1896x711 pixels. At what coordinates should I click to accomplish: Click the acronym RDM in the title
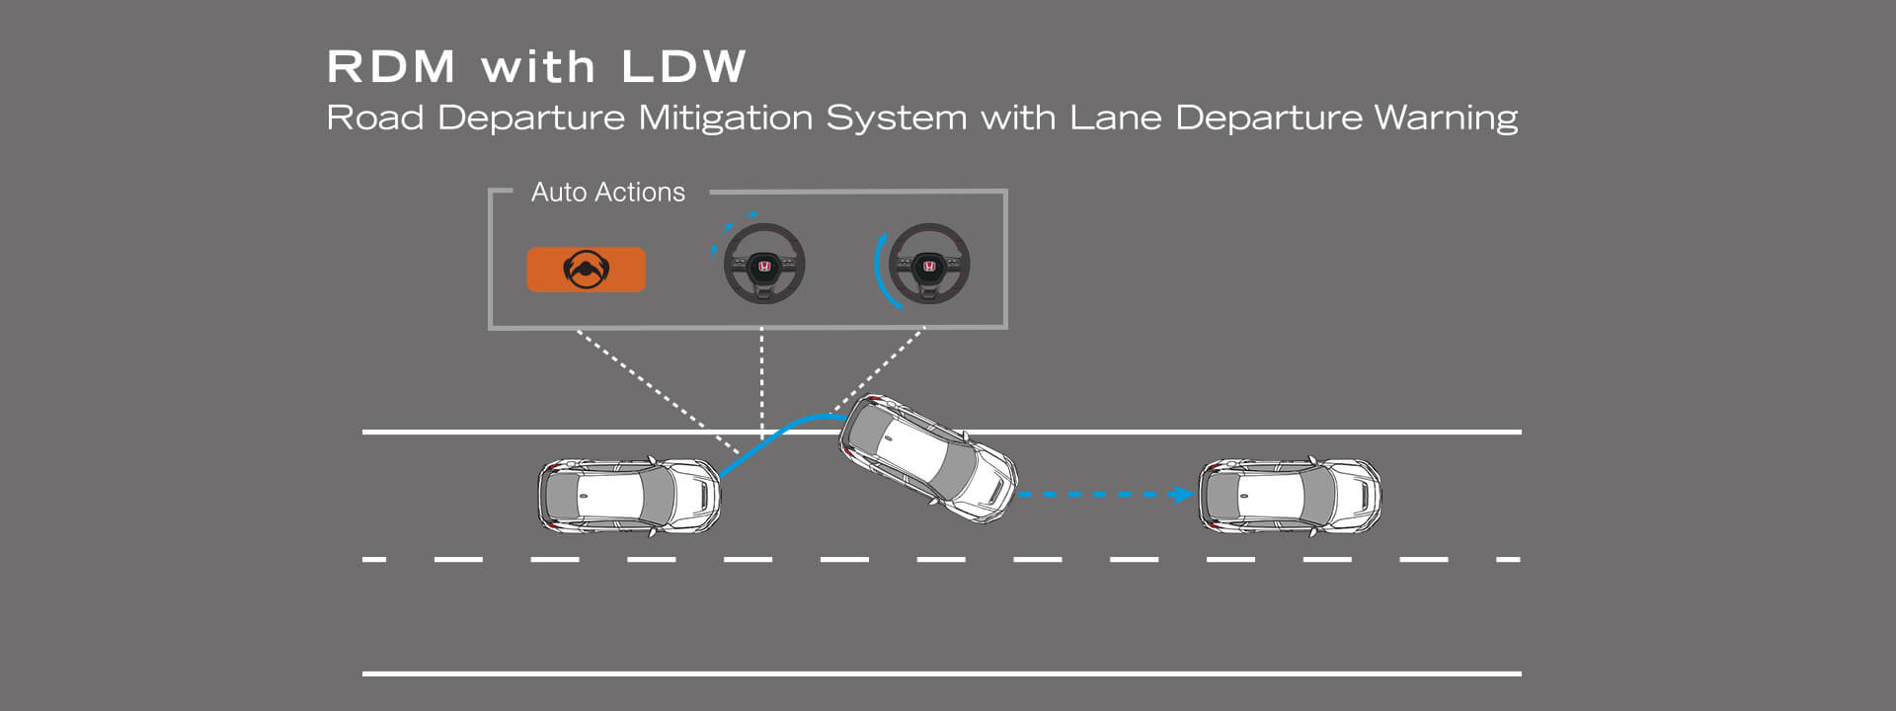391,67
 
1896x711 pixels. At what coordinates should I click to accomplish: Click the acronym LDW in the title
683,67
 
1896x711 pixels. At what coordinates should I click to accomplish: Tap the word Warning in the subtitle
1446,118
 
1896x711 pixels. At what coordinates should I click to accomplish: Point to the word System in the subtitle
896,118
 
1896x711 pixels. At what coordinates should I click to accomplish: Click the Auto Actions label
607,192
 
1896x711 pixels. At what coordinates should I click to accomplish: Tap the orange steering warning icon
586,270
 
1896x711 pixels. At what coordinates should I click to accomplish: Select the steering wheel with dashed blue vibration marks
763,264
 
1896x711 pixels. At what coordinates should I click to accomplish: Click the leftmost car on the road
629,496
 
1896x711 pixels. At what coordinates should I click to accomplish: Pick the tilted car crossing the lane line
927,458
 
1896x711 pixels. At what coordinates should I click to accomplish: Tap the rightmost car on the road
1289,496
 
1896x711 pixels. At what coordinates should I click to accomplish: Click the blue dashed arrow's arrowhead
1182,494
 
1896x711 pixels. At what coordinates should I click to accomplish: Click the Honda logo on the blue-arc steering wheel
929,267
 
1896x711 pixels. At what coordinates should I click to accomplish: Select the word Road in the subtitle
374,118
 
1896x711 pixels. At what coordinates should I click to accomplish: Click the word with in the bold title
538,67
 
